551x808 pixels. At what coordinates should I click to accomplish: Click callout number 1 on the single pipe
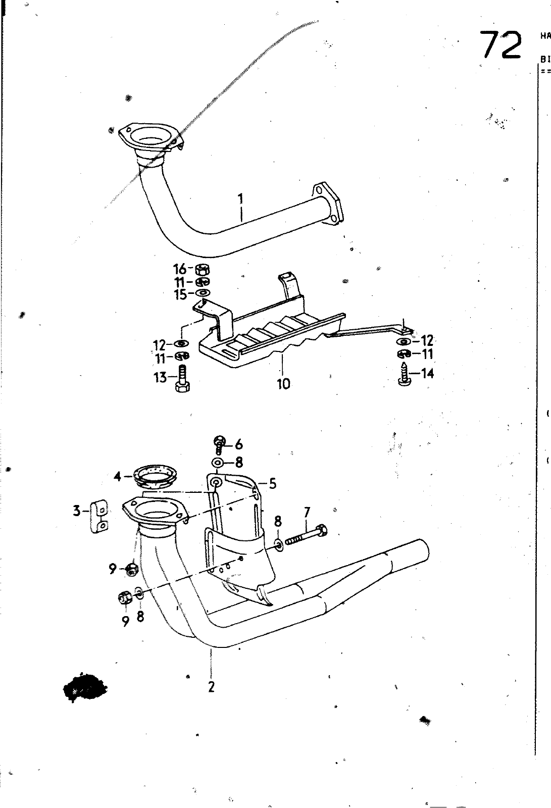pos(241,199)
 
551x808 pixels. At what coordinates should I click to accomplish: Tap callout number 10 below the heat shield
pos(283,384)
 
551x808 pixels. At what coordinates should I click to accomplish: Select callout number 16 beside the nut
pos(180,269)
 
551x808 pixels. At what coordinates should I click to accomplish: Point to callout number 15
pos(180,294)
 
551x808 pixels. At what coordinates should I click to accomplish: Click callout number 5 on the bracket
pos(272,484)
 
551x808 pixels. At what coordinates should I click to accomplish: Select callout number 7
pos(306,513)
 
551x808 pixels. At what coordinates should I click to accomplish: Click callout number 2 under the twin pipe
pos(211,687)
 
